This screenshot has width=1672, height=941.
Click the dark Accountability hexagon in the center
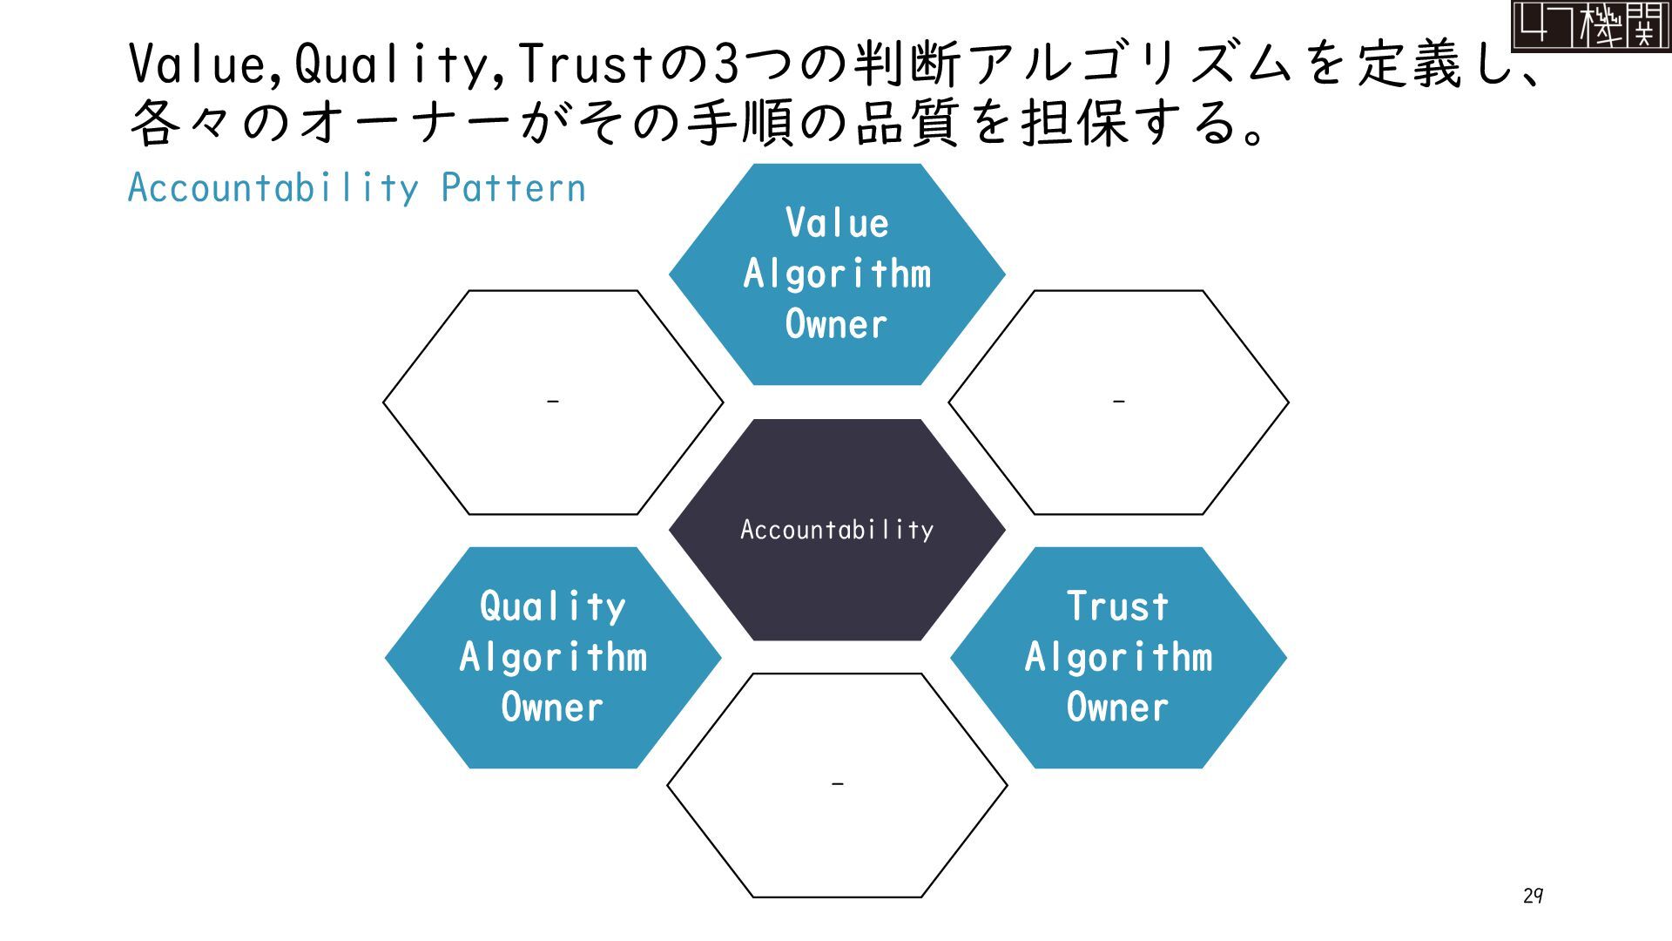click(x=836, y=530)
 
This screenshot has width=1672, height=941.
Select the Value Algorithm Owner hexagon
click(x=836, y=274)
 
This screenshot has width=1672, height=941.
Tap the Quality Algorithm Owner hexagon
click(x=553, y=658)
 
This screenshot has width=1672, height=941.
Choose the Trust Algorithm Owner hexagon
click(x=1118, y=658)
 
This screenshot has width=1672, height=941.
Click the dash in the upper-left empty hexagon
click(x=552, y=402)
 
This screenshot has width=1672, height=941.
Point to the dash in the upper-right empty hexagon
click(x=1119, y=402)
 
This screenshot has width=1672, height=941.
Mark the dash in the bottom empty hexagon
click(x=837, y=784)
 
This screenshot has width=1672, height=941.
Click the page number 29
click(x=1534, y=896)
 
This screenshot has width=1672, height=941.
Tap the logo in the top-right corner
click(x=1590, y=25)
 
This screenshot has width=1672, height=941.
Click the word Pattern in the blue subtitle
click(x=513, y=188)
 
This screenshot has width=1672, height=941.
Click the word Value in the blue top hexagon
click(x=837, y=223)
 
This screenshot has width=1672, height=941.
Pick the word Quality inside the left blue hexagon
click(x=553, y=606)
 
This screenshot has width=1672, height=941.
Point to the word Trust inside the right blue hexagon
click(x=1118, y=606)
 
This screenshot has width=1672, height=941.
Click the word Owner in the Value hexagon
click(x=836, y=325)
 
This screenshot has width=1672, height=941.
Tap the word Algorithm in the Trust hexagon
click(x=1118, y=657)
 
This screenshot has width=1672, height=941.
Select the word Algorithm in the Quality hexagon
click(x=553, y=657)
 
